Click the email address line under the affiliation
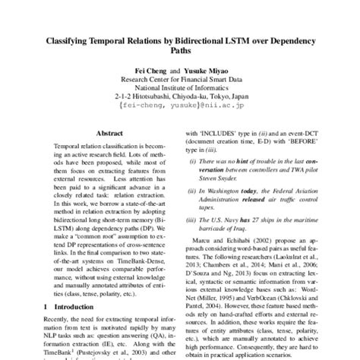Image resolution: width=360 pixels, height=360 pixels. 180,106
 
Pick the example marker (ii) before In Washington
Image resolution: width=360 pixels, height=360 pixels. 194,183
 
